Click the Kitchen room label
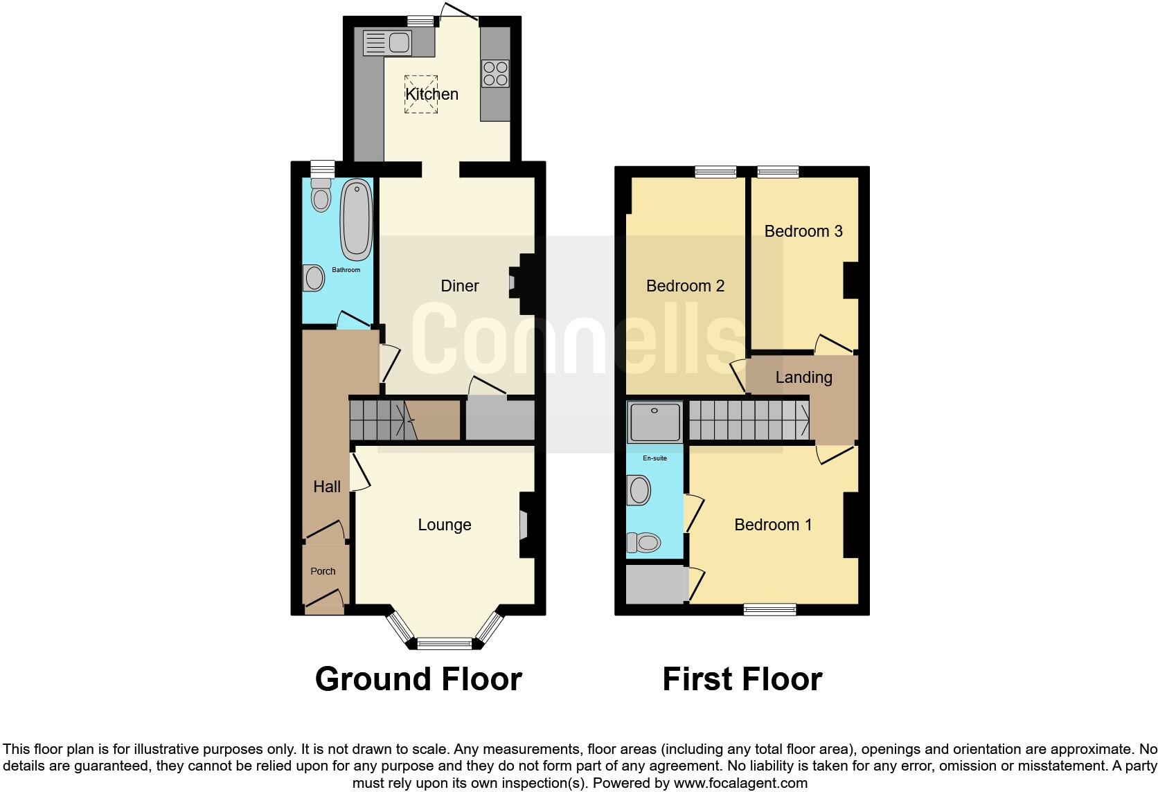[431, 94]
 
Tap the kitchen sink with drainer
[387, 43]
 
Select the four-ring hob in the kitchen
[495, 73]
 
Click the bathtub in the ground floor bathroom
[357, 219]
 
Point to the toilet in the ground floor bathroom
[321, 196]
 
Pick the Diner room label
[460, 286]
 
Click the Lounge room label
[445, 525]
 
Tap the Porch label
[323, 571]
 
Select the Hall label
[327, 487]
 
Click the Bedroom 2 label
[685, 286]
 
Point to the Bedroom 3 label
[803, 231]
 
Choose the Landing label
[803, 377]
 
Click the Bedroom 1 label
[773, 525]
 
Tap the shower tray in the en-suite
[654, 422]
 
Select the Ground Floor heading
[418, 679]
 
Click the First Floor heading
[742, 679]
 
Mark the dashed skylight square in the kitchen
[422, 93]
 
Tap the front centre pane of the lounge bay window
[445, 644]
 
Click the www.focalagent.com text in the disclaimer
[740, 783]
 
